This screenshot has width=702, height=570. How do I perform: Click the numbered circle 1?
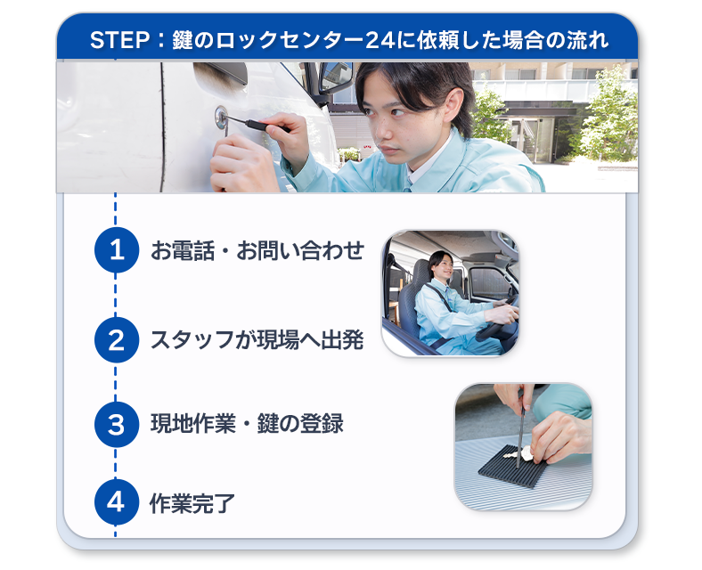pyautogui.click(x=117, y=249)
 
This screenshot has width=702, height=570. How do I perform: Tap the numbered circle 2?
pyautogui.click(x=117, y=340)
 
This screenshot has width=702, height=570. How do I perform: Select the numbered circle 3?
pyautogui.click(x=117, y=424)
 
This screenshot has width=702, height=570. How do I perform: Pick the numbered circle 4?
pyautogui.click(x=117, y=502)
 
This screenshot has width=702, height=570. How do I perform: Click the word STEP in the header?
pyautogui.click(x=119, y=40)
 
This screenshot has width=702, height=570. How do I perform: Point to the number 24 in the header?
pyautogui.click(x=380, y=40)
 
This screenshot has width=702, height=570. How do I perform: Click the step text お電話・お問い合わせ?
pyautogui.click(x=257, y=250)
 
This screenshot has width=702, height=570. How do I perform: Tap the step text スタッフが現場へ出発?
pyautogui.click(x=257, y=340)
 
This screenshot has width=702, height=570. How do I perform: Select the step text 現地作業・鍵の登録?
pyautogui.click(x=247, y=424)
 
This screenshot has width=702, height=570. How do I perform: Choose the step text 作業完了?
pyautogui.click(x=192, y=503)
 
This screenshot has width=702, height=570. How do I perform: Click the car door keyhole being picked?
pyautogui.click(x=221, y=116)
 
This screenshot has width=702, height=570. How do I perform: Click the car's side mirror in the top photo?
pyautogui.click(x=335, y=77)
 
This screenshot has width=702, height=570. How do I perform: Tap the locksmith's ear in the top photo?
pyautogui.click(x=453, y=106)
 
